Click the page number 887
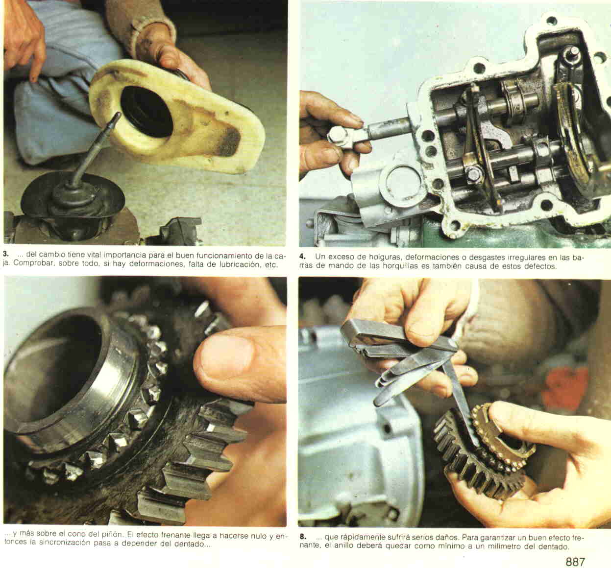pyautogui.click(x=575, y=562)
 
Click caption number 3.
pyautogui.click(x=5, y=255)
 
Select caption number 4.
pyautogui.click(x=302, y=257)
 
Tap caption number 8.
pyautogui.click(x=303, y=537)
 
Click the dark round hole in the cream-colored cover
pyautogui.click(x=147, y=112)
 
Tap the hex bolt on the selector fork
pyautogui.click(x=474, y=172)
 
